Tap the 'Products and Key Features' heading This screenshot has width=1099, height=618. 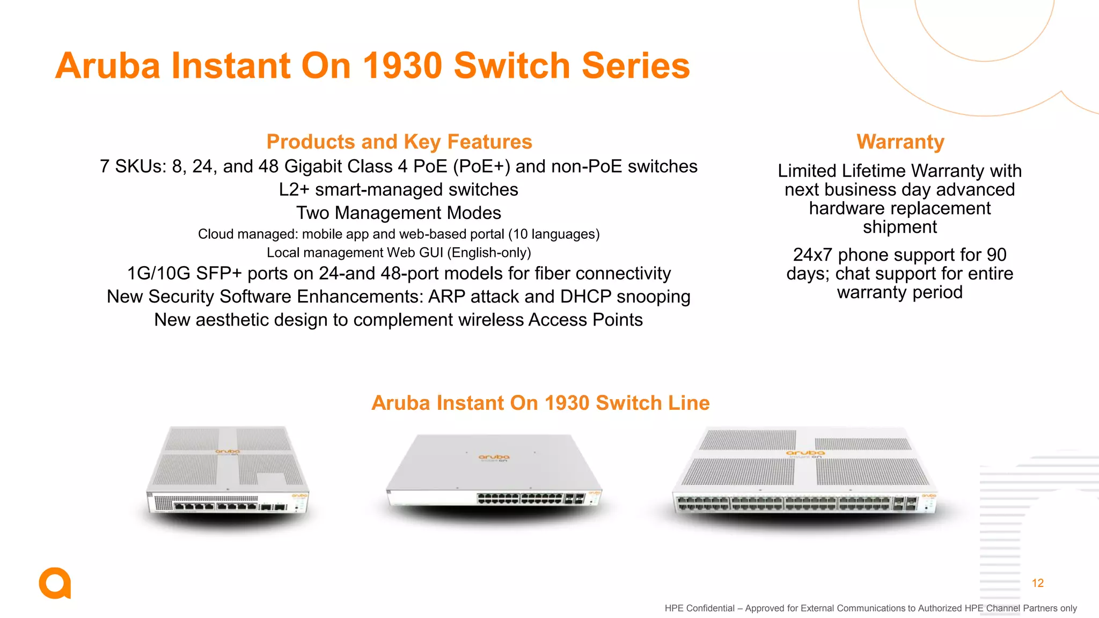(x=399, y=142)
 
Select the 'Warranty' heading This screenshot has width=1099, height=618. (x=900, y=142)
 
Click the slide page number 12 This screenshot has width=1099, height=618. (x=1037, y=583)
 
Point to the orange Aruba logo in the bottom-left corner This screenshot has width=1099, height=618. (x=55, y=583)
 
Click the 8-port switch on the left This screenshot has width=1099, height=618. (x=228, y=472)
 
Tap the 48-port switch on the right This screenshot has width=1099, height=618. (x=805, y=472)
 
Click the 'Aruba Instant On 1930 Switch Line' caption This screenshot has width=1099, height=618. (x=540, y=403)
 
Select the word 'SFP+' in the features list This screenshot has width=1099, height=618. (x=218, y=274)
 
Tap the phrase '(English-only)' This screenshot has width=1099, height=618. (x=489, y=253)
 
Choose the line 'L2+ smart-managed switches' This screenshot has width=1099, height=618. (x=398, y=190)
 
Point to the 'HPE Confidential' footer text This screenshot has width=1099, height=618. (x=699, y=608)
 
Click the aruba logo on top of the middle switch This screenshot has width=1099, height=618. (x=494, y=458)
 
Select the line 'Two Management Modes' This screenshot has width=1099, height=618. (x=398, y=213)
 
